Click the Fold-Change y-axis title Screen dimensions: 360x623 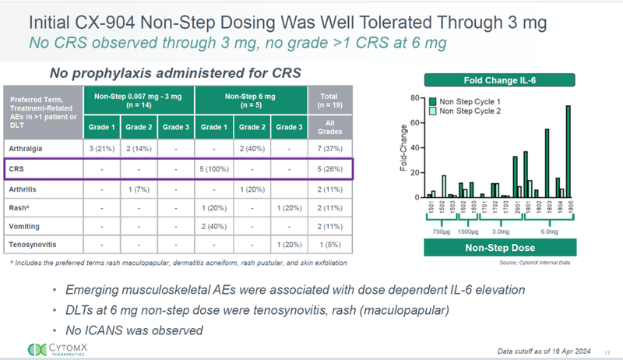pos(403,148)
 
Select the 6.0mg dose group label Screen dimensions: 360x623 pos(549,232)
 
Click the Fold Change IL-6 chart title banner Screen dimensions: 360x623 pos(500,78)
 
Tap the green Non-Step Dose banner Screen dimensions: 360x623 pos(500,247)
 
